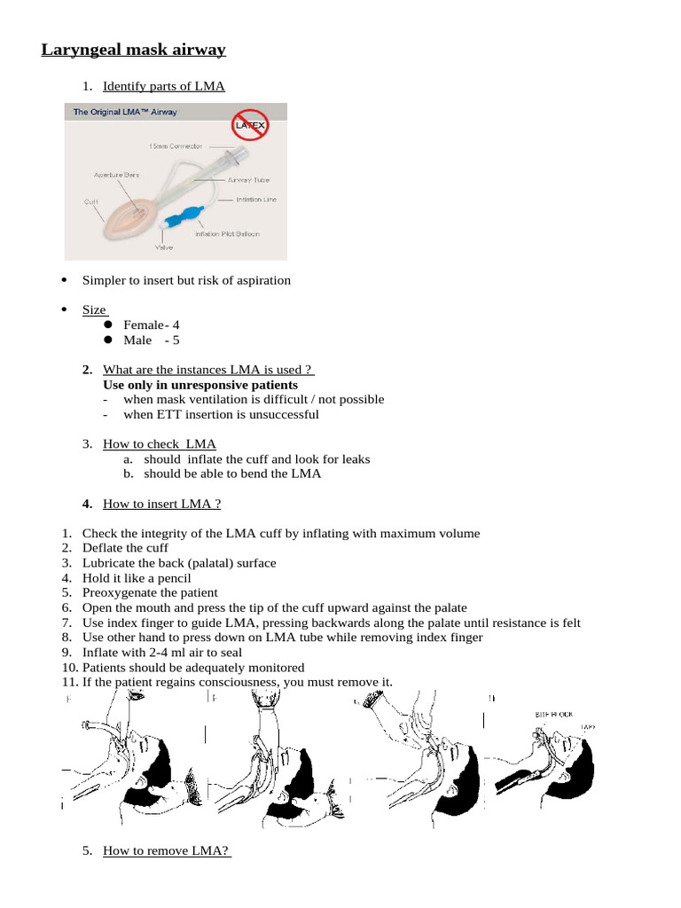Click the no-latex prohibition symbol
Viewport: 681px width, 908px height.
tap(249, 126)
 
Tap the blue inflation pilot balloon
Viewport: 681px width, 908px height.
tap(185, 215)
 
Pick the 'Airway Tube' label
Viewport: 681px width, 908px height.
tap(247, 180)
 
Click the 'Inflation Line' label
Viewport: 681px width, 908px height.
tap(256, 200)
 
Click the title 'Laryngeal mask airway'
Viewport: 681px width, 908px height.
tap(133, 50)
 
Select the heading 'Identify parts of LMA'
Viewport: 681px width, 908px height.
tap(163, 86)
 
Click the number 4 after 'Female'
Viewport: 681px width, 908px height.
tap(176, 325)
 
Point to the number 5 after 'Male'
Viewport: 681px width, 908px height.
tap(176, 340)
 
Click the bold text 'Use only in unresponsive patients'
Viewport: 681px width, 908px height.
tap(200, 385)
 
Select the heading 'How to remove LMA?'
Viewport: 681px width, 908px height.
tap(167, 850)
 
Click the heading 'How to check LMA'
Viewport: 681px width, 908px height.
tap(159, 443)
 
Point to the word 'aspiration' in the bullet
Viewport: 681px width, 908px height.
tap(262, 280)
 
